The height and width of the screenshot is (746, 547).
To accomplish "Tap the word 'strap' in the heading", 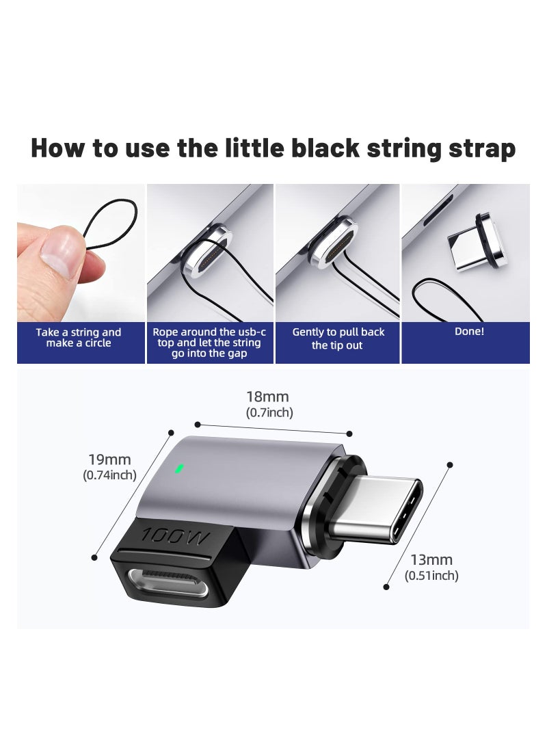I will pos(483,148).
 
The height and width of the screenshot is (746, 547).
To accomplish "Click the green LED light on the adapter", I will pos(180,469).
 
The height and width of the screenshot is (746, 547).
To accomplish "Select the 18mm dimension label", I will pos(267,397).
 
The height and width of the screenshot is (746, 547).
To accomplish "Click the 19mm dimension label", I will pos(109,459).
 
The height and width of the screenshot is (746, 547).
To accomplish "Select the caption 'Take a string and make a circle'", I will pos(79,338).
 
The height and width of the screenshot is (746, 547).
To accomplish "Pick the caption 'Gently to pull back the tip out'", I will pos(338,338).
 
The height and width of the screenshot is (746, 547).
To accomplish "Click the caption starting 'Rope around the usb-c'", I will pos(209,343).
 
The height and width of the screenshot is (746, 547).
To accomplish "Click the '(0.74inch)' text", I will pos(109,475).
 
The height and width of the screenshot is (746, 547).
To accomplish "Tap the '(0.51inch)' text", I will pos(431,576).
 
